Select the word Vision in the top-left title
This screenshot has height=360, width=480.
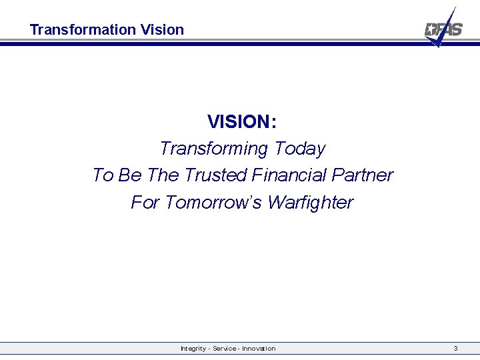coord(163,30)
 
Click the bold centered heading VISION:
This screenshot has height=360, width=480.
coord(242,122)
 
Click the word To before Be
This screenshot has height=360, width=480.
coord(103,175)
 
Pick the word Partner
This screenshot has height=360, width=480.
coord(364,175)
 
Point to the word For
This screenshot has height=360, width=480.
coord(145,202)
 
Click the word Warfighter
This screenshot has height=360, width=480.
coord(310,202)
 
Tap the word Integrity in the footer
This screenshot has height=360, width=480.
coord(193,349)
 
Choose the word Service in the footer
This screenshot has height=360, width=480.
coord(225,349)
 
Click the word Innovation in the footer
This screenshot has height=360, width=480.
coord(259,349)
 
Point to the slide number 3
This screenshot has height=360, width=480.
coord(455,349)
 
